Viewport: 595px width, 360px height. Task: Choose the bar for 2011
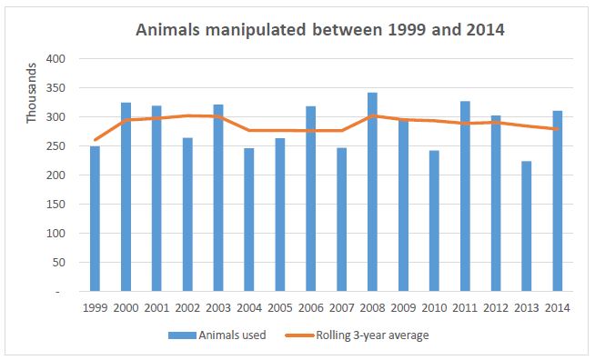pyautogui.click(x=465, y=207)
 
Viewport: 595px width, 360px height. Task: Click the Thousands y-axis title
pyautogui.click(x=32, y=93)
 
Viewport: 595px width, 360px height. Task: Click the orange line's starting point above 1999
pyautogui.click(x=95, y=140)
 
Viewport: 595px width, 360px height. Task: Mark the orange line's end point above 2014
pyautogui.click(x=557, y=129)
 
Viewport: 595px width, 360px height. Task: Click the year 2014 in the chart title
pyautogui.click(x=479, y=30)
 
